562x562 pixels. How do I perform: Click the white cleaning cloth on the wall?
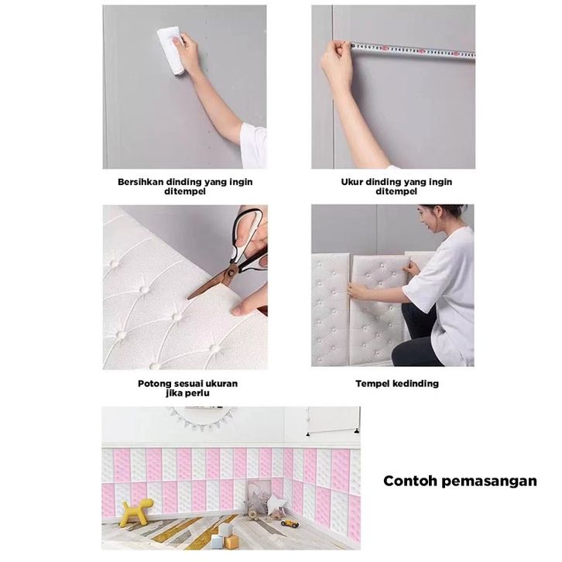(171, 50)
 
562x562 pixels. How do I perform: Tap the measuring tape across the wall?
(413, 50)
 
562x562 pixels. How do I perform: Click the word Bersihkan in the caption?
(141, 182)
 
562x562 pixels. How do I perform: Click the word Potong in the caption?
(155, 384)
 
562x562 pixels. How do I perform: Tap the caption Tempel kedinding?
(397, 384)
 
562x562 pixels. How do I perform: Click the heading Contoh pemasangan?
(461, 481)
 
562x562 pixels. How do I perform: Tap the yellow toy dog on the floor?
(136, 512)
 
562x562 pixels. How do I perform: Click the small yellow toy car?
(290, 523)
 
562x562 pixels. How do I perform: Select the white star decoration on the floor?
(276, 504)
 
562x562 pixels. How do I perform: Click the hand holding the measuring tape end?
(337, 64)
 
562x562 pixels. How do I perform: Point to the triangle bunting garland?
(203, 416)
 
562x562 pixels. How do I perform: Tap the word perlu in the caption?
(199, 393)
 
